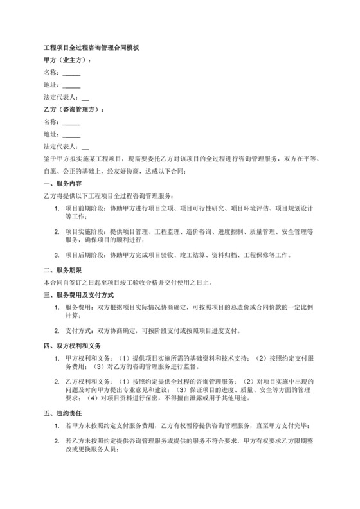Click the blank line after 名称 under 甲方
[71, 73]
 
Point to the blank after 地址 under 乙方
[71, 135]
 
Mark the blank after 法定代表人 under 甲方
[85, 98]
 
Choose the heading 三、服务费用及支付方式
[79, 295]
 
